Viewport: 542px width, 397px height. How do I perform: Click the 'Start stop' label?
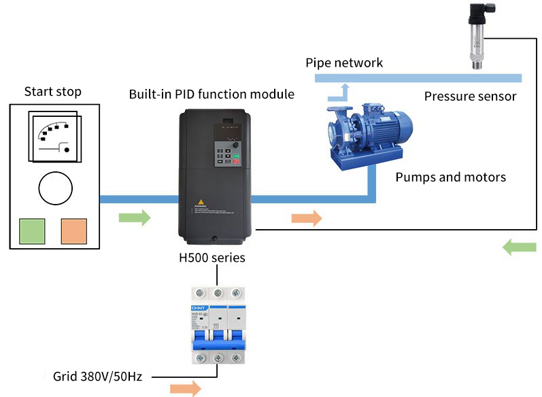tap(52, 91)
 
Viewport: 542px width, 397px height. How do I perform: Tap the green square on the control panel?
tap(32, 231)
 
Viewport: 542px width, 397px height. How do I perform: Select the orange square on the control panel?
tap(74, 231)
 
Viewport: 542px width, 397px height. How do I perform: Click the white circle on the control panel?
tap(56, 188)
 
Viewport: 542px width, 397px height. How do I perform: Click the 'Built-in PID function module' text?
tap(211, 94)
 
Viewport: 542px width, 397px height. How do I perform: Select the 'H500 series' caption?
tap(211, 258)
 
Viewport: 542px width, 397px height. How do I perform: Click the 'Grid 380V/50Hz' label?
tap(97, 375)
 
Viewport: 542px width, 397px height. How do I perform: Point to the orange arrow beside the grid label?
tap(186, 388)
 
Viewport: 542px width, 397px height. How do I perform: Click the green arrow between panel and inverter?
tap(135, 218)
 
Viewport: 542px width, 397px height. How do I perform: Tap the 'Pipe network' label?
tap(344, 63)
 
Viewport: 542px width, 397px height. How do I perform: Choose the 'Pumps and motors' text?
tap(451, 177)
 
